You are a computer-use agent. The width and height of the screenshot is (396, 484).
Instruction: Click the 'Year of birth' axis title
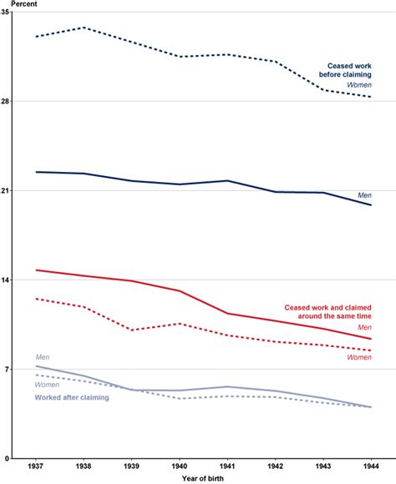coord(203,478)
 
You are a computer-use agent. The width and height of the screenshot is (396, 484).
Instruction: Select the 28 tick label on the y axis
coord(6,102)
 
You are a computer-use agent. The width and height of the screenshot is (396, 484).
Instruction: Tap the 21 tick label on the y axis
coord(6,191)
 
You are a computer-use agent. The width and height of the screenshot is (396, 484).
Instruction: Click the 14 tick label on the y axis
coord(6,280)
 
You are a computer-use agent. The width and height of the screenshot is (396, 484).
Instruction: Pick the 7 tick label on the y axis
coord(8,370)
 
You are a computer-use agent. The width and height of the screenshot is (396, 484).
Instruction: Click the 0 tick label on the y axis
coord(8,458)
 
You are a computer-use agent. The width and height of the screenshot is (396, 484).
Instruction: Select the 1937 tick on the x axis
coord(36,466)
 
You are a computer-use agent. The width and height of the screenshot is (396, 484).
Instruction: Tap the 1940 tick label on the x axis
coord(180,466)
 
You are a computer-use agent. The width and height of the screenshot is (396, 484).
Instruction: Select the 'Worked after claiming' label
coord(72,398)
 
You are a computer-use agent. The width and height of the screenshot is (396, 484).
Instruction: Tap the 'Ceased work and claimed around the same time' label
coord(327,311)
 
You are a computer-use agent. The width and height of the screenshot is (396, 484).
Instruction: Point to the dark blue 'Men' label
coord(364,195)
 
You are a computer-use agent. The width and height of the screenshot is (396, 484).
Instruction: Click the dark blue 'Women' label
coord(359,85)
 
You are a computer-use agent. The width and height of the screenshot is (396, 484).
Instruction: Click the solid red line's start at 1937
coord(36,270)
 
